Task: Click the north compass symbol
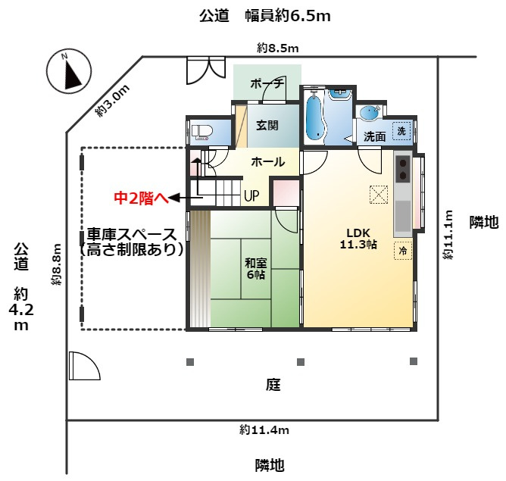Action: (68, 73)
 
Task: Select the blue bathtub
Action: (315, 117)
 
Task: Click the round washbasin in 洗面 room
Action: (370, 114)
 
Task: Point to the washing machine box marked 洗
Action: (402, 130)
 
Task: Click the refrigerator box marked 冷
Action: (402, 251)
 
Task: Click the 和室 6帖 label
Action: (255, 269)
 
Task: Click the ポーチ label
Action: (267, 83)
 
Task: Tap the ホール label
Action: (267, 161)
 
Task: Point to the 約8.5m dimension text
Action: (278, 48)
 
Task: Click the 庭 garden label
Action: (273, 385)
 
